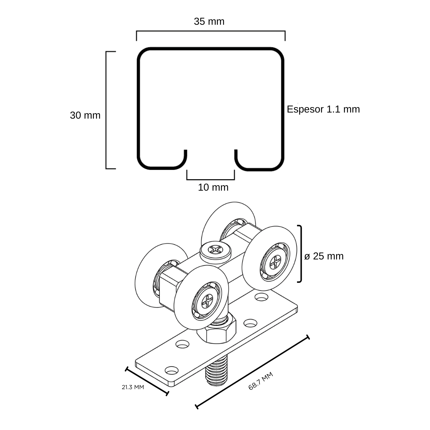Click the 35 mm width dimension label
(x=209, y=21)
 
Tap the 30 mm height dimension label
(x=85, y=115)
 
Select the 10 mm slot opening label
(x=213, y=187)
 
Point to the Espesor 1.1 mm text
(x=323, y=109)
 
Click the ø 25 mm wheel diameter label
(x=324, y=256)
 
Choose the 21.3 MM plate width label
(x=133, y=387)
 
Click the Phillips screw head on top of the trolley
(x=215, y=249)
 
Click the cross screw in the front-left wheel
(x=207, y=301)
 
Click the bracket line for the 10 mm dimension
(x=211, y=179)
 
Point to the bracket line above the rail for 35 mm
(x=211, y=31)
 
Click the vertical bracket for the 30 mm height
(x=106, y=110)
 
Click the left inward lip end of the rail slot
(x=185, y=151)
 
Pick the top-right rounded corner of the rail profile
(x=278, y=54)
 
